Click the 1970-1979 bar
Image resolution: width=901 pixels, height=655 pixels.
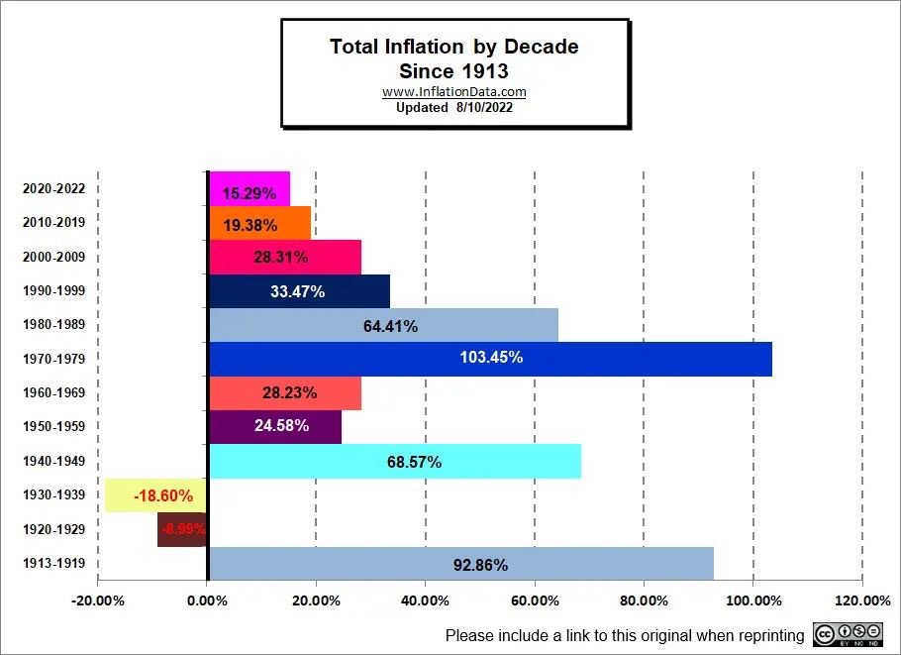[489, 358]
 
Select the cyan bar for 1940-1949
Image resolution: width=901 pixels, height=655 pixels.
[394, 462]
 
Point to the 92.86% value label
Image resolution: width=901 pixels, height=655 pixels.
[480, 566]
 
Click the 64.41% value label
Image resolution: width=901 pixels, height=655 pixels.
[390, 326]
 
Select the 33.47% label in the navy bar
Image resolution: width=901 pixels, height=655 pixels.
[297, 291]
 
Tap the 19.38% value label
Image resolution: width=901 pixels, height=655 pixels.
[250, 226]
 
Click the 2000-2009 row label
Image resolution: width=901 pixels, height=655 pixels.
[53, 258]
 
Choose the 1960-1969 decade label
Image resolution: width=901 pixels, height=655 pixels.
[53, 392]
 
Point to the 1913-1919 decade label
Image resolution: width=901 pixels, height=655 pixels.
[53, 564]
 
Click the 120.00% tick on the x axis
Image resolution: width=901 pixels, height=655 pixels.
[863, 600]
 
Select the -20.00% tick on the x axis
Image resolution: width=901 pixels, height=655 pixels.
[98, 600]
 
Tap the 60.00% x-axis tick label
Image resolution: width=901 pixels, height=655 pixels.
[535, 600]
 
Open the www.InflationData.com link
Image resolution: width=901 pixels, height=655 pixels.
[453, 92]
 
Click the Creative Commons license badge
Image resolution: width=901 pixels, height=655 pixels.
[848, 635]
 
